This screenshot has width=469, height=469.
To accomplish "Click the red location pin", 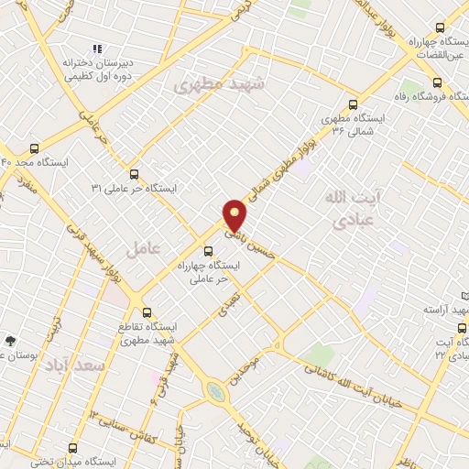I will pos(235,215).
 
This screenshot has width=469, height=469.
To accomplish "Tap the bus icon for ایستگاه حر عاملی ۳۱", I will pos(135,172).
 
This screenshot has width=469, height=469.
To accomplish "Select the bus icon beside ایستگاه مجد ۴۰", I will pos(35,147).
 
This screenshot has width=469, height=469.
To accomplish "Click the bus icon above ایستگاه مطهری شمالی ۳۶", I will pos(354,104).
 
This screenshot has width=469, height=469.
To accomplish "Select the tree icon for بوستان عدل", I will pos(11,340).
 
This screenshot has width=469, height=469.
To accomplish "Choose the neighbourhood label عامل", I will pos(142,249).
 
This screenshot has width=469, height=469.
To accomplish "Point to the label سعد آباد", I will pos(76,365).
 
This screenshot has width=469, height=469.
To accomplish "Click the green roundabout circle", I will pos(215,392).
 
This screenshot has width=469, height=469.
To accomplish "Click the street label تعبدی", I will pos(226,305).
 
